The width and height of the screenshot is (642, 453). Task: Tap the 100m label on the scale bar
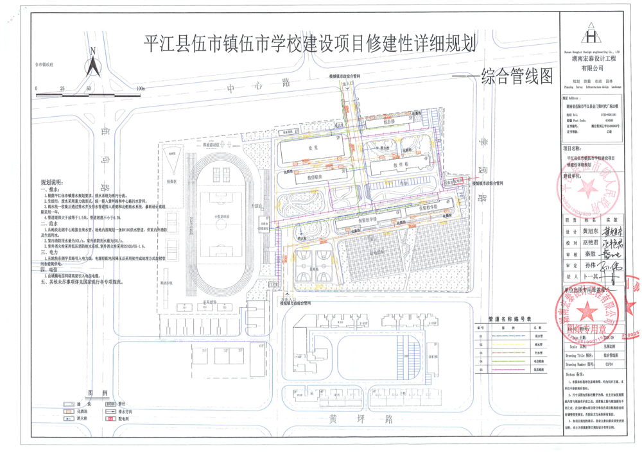(141, 89)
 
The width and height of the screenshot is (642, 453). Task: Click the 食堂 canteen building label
(313, 147)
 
